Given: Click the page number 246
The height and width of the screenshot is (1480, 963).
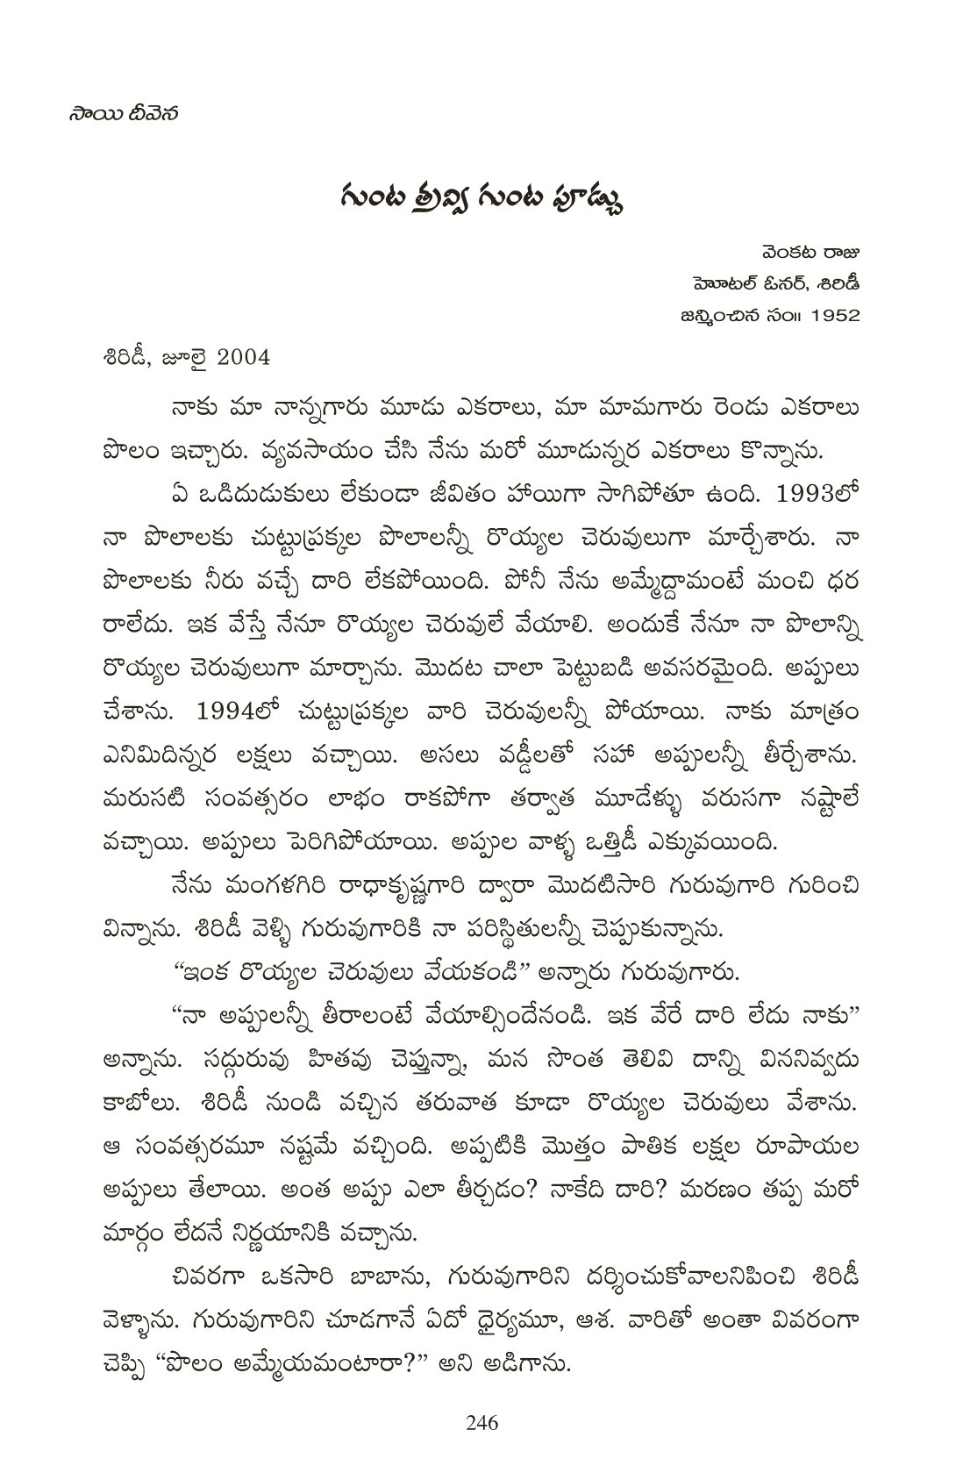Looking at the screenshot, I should (x=482, y=1423).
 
